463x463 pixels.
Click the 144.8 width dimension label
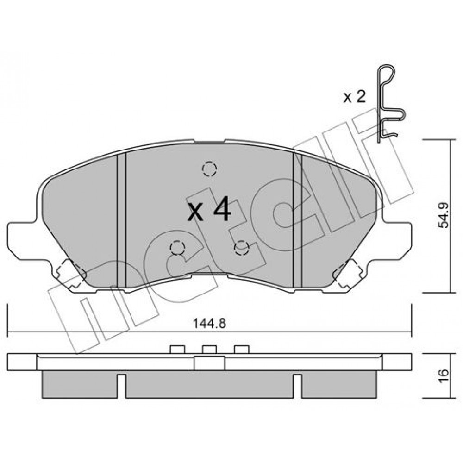pos(209,323)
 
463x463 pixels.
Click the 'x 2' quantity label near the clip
pos(354,97)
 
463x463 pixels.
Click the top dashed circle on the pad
pos(209,169)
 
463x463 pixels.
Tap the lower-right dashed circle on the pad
pos(241,248)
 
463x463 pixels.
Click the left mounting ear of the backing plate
pos(26,242)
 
